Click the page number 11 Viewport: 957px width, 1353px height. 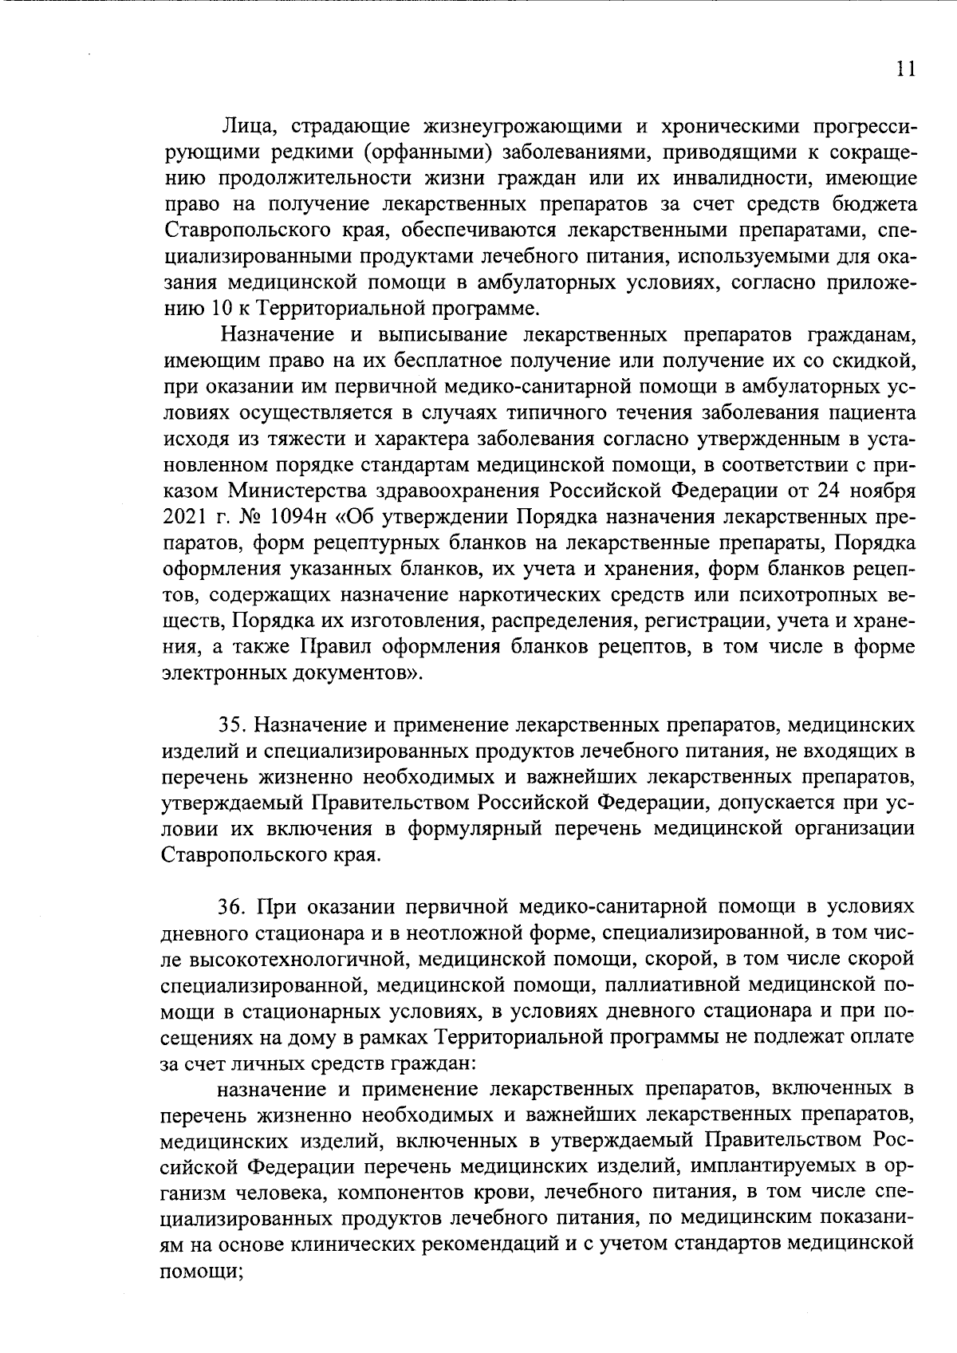[x=904, y=69]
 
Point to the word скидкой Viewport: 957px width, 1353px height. [x=878, y=361]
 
